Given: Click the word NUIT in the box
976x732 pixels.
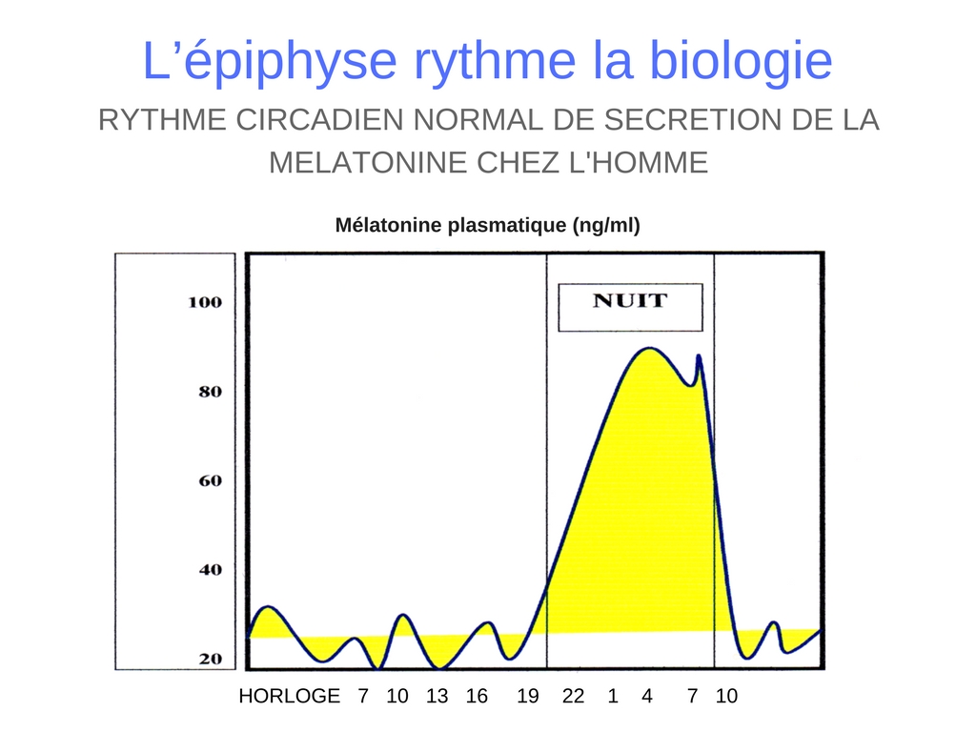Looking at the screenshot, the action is click(x=630, y=300).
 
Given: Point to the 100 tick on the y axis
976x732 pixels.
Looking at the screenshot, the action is click(x=205, y=302).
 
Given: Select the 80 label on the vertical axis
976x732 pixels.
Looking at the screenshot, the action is click(x=211, y=392).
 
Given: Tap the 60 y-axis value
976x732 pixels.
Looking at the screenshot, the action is click(x=211, y=480).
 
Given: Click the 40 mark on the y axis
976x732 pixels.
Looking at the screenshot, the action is click(x=211, y=570).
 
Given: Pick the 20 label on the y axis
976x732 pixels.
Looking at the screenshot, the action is click(x=211, y=659).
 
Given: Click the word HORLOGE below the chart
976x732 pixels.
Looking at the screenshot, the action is click(x=290, y=695).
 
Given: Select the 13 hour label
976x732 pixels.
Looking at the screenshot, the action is click(x=437, y=695).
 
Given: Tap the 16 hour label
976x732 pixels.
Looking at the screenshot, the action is click(x=477, y=695).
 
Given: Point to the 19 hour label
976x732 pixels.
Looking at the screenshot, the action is click(x=528, y=695).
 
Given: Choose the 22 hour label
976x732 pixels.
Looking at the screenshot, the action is click(x=573, y=695).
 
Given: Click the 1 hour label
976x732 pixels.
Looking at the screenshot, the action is click(x=613, y=695).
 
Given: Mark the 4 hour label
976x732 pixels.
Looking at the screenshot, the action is click(x=647, y=695).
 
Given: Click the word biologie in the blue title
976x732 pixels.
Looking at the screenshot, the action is click(x=741, y=60).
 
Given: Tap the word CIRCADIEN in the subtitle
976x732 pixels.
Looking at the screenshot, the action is click(x=319, y=119).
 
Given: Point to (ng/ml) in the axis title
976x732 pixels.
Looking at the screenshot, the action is click(x=606, y=225).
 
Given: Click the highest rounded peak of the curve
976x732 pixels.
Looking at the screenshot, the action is click(x=649, y=348).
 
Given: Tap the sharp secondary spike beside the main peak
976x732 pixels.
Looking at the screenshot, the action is click(x=699, y=356).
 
